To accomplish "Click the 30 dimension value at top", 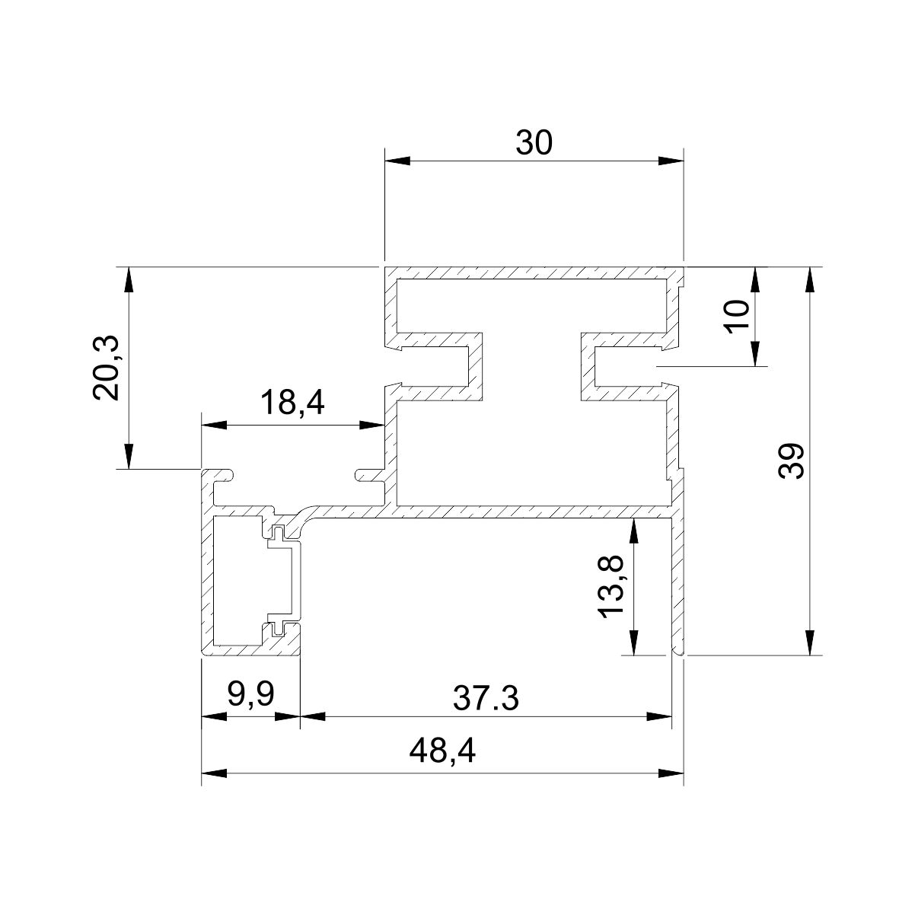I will pyautogui.click(x=533, y=142).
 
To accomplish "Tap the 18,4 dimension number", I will pyautogui.click(x=292, y=402).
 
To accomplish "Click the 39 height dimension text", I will pyautogui.click(x=791, y=461).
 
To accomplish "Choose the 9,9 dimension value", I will pyautogui.click(x=251, y=694).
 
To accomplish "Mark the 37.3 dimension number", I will pyautogui.click(x=486, y=697).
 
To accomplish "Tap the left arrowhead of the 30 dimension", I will pyautogui.click(x=397, y=161).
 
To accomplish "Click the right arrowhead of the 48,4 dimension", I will pyautogui.click(x=671, y=774).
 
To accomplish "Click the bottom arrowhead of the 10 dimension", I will pyautogui.click(x=755, y=354).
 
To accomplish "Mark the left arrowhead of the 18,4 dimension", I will pyautogui.click(x=214, y=425).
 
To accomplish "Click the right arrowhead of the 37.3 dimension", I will pyautogui.click(x=660, y=716).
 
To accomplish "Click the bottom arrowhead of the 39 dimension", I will pyautogui.click(x=809, y=642).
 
